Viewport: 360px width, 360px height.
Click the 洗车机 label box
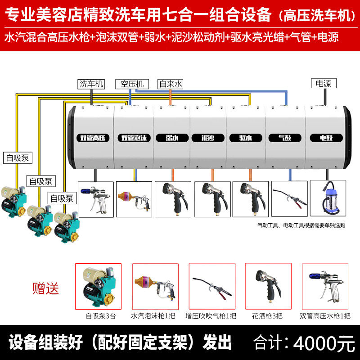91,84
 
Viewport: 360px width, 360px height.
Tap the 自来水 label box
171,84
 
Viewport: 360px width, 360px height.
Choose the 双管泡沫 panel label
134,138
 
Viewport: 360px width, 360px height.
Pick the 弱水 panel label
172,138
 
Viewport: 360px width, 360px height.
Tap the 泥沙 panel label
207,138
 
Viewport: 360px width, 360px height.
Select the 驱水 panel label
245,138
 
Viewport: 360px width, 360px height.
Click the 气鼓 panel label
284,138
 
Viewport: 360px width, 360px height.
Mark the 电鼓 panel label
326,138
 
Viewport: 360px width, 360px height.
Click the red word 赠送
46,288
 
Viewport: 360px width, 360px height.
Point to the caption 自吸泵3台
101,316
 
